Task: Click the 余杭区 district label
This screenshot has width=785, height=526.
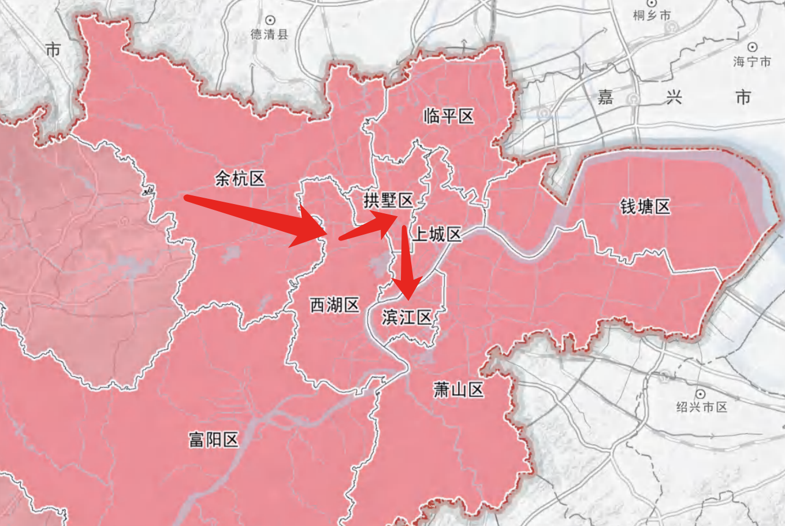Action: (240, 179)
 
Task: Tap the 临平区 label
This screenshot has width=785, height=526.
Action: (448, 116)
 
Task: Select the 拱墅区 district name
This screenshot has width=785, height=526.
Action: (388, 201)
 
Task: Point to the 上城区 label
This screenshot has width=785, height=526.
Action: (437, 234)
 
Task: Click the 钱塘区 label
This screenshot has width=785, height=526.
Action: (645, 206)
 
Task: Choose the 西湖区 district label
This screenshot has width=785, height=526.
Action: (335, 305)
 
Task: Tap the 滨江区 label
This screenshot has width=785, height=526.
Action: (407, 317)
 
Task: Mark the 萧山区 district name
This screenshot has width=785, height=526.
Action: (459, 390)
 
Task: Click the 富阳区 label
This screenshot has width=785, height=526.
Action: (214, 440)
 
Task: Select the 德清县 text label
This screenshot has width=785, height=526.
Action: (269, 35)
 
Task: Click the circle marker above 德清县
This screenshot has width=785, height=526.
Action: (270, 21)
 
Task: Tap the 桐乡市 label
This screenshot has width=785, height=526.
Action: (652, 16)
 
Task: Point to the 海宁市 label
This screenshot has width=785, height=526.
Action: (752, 61)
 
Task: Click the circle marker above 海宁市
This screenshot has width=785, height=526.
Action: (752, 47)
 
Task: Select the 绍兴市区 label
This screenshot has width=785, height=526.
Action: (702, 407)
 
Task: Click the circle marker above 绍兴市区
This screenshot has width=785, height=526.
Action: (701, 394)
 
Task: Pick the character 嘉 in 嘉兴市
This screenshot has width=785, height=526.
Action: (605, 97)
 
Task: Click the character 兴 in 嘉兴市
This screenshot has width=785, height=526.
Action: (674, 97)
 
